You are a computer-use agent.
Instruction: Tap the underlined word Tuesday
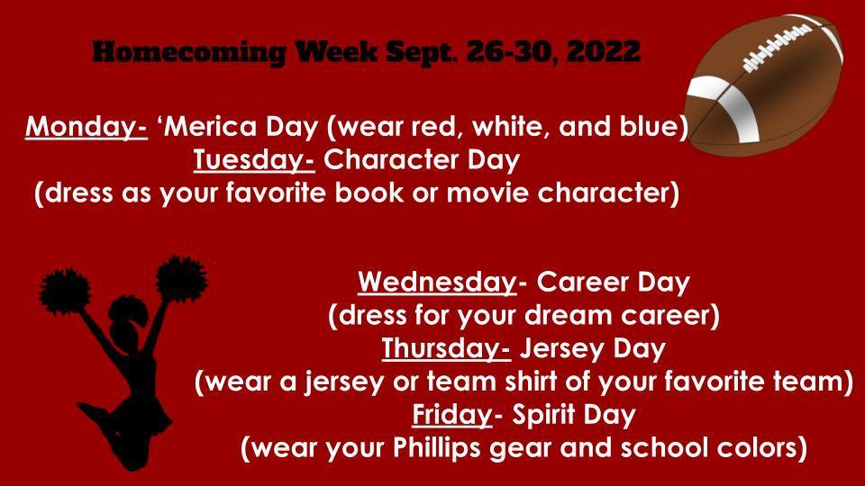[253, 161]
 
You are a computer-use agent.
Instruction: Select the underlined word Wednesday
[436, 283]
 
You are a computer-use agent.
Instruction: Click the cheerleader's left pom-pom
[64, 290]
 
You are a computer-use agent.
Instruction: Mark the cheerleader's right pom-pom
[181, 278]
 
